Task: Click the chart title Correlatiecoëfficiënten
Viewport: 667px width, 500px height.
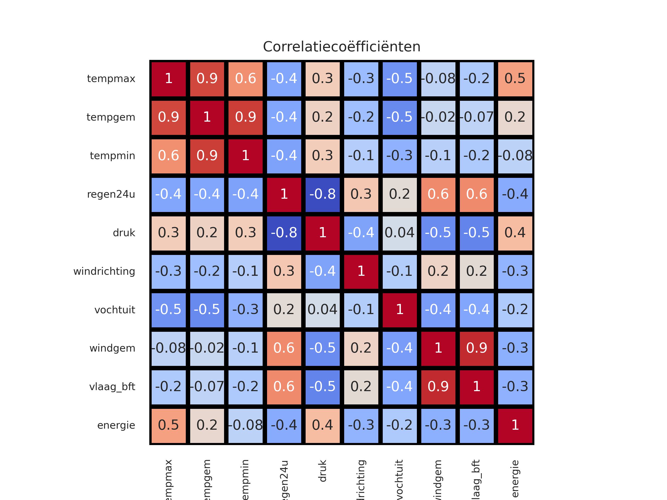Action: tap(342, 47)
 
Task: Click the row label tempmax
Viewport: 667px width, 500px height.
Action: tap(111, 79)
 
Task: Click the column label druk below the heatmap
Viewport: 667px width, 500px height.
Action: tap(322, 471)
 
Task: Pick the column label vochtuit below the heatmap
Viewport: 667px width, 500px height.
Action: tap(399, 479)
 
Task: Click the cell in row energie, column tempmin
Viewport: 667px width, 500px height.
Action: tap(245, 425)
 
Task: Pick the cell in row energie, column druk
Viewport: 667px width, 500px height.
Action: tap(322, 425)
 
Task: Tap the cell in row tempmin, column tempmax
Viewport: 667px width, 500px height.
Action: tap(169, 156)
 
